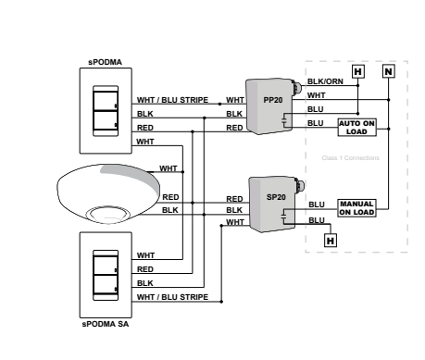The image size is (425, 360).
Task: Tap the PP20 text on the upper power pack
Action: point(273,100)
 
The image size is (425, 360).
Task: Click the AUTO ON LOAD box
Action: point(356,127)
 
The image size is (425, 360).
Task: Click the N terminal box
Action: point(388,70)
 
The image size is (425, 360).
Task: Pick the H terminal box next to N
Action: point(357,70)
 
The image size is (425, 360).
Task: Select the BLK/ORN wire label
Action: point(324,82)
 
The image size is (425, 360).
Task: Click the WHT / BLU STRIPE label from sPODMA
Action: point(172,100)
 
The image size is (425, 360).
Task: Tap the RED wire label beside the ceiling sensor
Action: point(170,197)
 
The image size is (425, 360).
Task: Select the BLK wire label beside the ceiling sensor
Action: point(170,210)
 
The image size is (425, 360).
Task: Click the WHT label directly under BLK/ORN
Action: point(316,94)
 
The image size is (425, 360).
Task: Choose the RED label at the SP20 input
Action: point(235,198)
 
